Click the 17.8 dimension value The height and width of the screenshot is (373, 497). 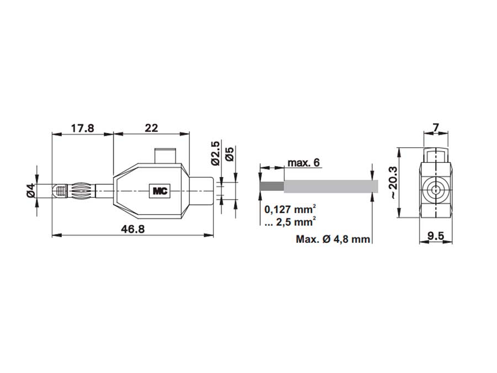(82, 128)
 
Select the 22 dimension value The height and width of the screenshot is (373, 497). (151, 128)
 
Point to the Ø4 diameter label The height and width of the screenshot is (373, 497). (31, 191)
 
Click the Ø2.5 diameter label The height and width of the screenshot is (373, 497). (216, 153)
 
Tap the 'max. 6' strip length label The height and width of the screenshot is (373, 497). (303, 163)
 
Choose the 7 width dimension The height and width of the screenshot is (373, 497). (436, 128)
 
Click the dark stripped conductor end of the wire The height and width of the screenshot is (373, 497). (271, 186)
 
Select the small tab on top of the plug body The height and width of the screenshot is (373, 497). (165, 155)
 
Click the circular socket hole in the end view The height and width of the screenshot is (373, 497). (436, 191)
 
